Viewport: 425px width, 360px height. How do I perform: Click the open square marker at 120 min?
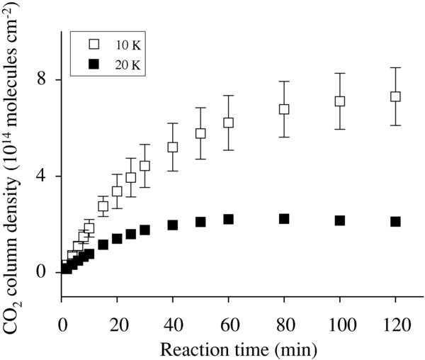tap(395, 96)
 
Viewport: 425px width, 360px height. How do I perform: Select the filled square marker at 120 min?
tap(395, 222)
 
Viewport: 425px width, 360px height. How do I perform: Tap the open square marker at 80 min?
tap(284, 109)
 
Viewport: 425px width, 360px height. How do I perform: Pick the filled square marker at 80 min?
tap(284, 219)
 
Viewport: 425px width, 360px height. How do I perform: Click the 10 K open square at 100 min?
tap(340, 101)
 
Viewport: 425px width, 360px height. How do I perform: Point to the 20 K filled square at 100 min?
tap(340, 220)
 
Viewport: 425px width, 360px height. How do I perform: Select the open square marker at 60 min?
tap(228, 123)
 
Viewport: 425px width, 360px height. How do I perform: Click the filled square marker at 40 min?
tap(172, 225)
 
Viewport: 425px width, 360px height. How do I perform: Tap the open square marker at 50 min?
tap(200, 133)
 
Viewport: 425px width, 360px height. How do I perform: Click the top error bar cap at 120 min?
tap(395, 67)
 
